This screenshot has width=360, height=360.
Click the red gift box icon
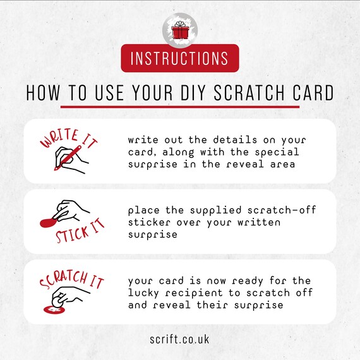click(180, 30)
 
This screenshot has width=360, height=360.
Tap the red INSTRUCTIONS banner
click(180, 58)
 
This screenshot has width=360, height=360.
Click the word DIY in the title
click(191, 93)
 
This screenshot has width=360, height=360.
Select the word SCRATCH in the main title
click(249, 93)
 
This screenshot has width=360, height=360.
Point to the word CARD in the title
click(313, 93)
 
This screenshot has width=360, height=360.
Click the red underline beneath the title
click(180, 107)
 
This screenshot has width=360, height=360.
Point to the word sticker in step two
click(146, 222)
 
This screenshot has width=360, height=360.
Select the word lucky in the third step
click(143, 293)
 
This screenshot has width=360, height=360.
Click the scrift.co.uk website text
click(180, 339)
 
